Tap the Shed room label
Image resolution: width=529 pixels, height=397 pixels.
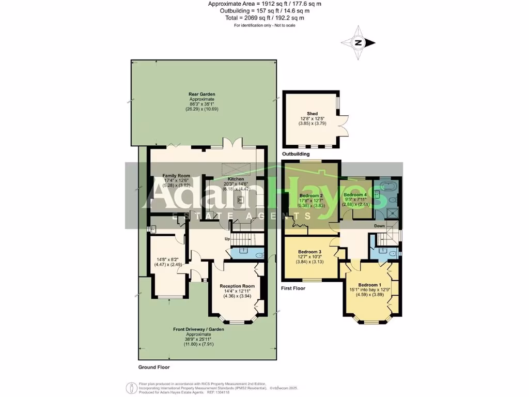click(x=312, y=113)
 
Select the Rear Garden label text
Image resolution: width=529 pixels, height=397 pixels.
click(x=201, y=95)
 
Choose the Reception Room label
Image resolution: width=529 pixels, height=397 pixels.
click(x=237, y=286)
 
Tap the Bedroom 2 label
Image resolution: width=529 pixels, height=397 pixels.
click(x=312, y=195)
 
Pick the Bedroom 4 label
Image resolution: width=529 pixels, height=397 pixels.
click(x=355, y=194)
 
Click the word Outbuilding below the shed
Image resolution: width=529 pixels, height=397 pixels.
click(x=296, y=154)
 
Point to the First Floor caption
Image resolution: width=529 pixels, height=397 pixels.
click(x=293, y=288)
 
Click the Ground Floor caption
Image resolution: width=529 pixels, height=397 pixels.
click(x=154, y=367)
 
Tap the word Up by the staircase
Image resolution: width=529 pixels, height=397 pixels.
click(x=227, y=239)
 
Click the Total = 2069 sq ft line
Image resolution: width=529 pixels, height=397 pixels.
click(x=264, y=18)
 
